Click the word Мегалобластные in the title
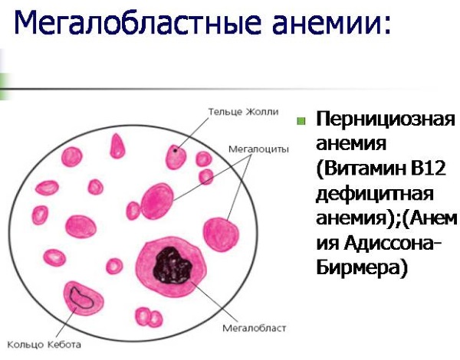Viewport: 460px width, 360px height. click(137, 22)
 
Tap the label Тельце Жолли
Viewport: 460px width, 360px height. click(243, 112)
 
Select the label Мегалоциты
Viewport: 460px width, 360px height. click(258, 149)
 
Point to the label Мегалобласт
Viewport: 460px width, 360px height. click(254, 328)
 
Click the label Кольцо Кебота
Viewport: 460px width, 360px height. click(44, 345)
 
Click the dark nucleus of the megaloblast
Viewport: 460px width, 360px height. click(172, 266)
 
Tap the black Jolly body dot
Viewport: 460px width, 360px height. click(176, 151)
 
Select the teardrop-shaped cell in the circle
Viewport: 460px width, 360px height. click(117, 146)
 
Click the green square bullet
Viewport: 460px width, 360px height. click(301, 121)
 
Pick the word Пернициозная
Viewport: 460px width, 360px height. click(385, 119)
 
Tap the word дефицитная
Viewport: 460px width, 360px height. click(375, 195)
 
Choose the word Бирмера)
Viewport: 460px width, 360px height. click(362, 267)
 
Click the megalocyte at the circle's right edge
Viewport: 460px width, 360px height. click(221, 234)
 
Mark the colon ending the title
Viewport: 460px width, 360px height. click(386, 25)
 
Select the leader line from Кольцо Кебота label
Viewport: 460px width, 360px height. click(66, 322)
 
